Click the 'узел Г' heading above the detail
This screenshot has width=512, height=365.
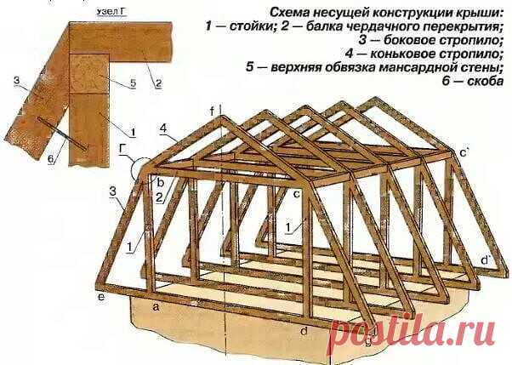click(111, 12)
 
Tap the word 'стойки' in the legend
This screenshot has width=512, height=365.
click(250, 26)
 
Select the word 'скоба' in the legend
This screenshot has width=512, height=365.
click(486, 81)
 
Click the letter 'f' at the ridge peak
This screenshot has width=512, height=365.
click(212, 112)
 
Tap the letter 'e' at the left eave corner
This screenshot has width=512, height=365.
click(101, 297)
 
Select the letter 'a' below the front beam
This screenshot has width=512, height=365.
click(156, 307)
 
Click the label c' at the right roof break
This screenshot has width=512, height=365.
click(464, 152)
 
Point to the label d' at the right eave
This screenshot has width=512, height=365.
click(486, 259)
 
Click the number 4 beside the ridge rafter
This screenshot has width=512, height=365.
click(163, 128)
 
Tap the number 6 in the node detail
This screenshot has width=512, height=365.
click(51, 159)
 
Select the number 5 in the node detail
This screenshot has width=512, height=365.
click(133, 83)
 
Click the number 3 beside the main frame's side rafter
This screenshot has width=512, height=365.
click(113, 191)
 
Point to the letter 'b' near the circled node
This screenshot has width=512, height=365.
click(161, 180)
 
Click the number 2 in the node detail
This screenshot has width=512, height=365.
click(158, 83)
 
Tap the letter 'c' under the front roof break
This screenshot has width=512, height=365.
click(297, 194)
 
